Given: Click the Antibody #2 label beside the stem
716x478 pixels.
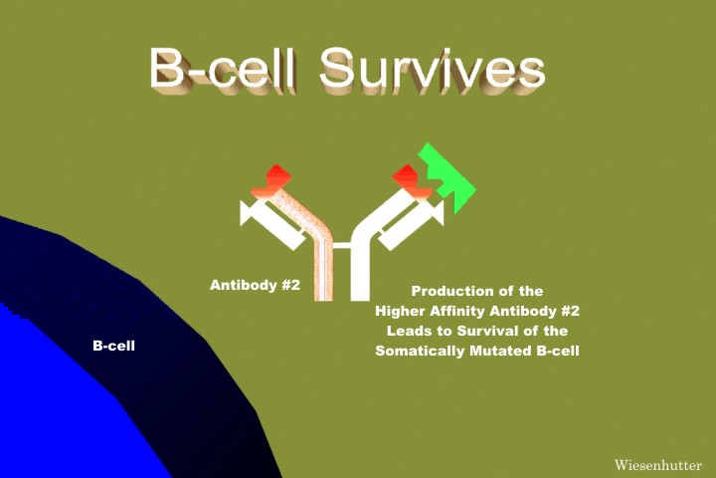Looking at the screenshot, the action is [255, 285].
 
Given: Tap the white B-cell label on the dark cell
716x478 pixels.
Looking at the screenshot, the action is [113, 346].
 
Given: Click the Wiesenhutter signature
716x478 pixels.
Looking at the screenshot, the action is [658, 465].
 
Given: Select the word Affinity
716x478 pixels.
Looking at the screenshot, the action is [456, 311].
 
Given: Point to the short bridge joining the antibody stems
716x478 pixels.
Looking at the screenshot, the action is [341, 245].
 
